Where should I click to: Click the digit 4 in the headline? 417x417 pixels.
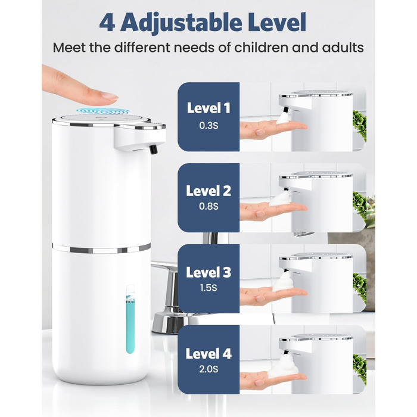click(x=107, y=23)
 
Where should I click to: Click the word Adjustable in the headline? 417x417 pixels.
click(x=181, y=23)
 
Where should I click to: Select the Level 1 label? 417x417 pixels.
click(x=208, y=108)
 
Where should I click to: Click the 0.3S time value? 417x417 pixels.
click(x=208, y=126)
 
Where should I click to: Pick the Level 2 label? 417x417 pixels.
click(x=208, y=191)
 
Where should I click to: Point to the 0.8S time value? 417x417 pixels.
click(x=208, y=206)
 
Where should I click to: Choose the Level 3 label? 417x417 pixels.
click(x=208, y=272)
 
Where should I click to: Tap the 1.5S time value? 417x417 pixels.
click(x=208, y=288)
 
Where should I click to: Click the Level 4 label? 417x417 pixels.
click(x=208, y=353)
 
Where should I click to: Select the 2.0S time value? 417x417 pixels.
click(x=208, y=369)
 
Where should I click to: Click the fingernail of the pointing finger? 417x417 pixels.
click(x=110, y=96)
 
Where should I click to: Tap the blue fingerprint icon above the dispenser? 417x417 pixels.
click(x=103, y=111)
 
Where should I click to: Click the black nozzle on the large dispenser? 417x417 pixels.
click(x=154, y=149)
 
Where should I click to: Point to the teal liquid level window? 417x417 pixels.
click(x=130, y=319)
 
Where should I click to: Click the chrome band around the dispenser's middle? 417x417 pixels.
click(x=101, y=248)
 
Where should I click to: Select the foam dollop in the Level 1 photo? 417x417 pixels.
click(x=283, y=117)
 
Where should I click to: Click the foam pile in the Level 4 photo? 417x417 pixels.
click(x=283, y=366)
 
